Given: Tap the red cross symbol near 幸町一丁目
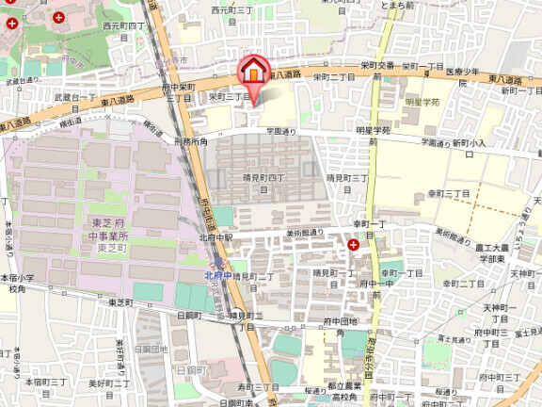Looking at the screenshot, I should pos(353,244).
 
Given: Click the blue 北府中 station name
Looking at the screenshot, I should pos(217,275).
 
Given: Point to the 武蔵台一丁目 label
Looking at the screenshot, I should pos(76,97).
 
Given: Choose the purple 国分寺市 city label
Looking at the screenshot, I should pos(170,58).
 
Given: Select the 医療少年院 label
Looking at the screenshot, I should pos(468,76).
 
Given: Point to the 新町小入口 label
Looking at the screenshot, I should pos(468,143).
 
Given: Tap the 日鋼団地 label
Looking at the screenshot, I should pos(151,349).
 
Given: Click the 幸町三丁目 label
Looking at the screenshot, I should pos(449,192).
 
